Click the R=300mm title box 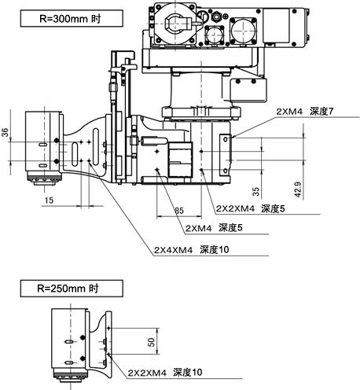click(x=72, y=18)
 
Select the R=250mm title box click(x=72, y=289)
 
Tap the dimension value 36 click(x=6, y=132)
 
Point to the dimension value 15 click(x=49, y=201)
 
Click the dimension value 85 click(x=179, y=211)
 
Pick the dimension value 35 click(x=256, y=191)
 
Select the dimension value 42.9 click(x=298, y=189)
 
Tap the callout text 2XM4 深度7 click(x=305, y=112)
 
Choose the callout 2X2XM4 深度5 click(x=250, y=208)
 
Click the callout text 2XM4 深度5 click(x=214, y=228)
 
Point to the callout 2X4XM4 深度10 click(x=191, y=250)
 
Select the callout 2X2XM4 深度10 click(x=165, y=373)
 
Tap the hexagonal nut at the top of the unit click(x=216, y=17)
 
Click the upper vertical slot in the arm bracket click(x=96, y=147)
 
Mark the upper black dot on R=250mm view click(x=83, y=337)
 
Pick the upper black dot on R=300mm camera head click(x=57, y=141)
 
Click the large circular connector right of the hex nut click(x=243, y=30)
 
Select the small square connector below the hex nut click(x=215, y=35)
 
